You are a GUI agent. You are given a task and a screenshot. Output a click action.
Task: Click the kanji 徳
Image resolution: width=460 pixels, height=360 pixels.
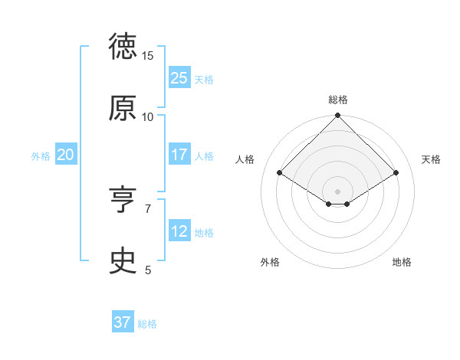pos(123,47)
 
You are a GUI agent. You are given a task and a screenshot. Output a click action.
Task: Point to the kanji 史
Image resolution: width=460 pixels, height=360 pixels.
pos(123,261)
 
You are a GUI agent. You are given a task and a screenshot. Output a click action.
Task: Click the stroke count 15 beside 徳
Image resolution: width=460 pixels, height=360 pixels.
pos(148,56)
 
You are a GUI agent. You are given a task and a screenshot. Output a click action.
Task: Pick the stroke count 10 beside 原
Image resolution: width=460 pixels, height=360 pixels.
pos(148,116)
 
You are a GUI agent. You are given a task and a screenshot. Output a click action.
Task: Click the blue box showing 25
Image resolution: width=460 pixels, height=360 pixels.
pos(179,78)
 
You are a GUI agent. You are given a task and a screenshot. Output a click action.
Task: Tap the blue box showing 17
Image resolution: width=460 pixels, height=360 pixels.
pos(179,155)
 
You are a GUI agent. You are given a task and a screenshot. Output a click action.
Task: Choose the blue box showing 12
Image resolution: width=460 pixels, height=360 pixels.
pos(179,231)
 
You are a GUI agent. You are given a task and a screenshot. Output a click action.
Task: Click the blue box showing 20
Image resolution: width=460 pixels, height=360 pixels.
pos(65,155)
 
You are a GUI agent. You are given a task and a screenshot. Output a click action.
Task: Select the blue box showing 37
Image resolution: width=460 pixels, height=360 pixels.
pos(122,322)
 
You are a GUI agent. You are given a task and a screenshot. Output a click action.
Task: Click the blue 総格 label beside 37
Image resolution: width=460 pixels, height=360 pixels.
pos(147,324)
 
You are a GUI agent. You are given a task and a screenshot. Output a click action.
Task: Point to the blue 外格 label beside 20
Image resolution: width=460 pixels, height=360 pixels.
pos(41,155)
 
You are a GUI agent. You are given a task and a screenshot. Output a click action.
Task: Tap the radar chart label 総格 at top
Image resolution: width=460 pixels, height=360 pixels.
pos(338,100)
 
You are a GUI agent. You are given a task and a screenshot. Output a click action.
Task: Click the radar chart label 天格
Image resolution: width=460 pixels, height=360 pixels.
pos(432,159)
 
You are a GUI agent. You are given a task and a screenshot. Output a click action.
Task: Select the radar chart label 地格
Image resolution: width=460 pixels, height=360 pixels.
pos(402,262)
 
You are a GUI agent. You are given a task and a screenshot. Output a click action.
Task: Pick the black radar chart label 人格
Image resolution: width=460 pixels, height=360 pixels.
pos(245,159)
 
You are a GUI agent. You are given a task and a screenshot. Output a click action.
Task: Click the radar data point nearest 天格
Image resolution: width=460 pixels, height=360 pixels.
pos(396,173)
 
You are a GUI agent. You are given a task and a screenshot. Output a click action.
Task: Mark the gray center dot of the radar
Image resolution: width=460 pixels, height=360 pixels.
pos(338,191)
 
